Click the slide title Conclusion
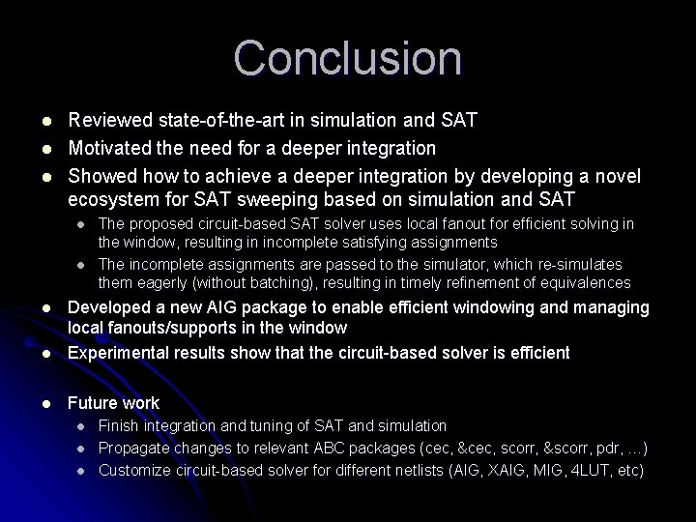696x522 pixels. pos(348,58)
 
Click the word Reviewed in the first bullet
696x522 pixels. pos(105,120)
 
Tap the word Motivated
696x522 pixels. pos(107,148)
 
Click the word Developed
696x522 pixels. pos(108,307)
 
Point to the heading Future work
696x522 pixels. pos(113,403)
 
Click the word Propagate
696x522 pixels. pos(135,448)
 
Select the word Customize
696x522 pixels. pos(136,470)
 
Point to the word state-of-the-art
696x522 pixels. pos(214,120)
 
